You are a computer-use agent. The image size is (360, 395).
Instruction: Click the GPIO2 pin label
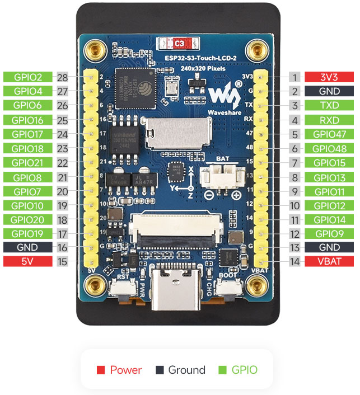click(28, 77)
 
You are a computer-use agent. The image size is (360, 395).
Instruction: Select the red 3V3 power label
click(329, 77)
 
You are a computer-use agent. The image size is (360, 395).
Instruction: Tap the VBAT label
click(329, 261)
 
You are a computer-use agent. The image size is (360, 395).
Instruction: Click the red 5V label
click(28, 261)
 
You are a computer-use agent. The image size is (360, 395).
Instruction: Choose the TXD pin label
click(329, 106)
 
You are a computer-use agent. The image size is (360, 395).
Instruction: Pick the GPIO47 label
click(329, 134)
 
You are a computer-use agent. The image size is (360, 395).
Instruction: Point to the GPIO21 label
click(28, 163)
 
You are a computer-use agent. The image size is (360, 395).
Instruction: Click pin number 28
click(62, 77)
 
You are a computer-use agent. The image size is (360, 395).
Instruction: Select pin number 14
click(294, 261)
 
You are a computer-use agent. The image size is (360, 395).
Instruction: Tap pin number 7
click(294, 163)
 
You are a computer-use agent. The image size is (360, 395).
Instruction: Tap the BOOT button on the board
click(228, 289)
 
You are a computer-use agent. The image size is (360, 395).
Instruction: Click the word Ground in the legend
click(186, 370)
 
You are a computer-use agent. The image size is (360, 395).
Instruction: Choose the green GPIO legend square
click(221, 370)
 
